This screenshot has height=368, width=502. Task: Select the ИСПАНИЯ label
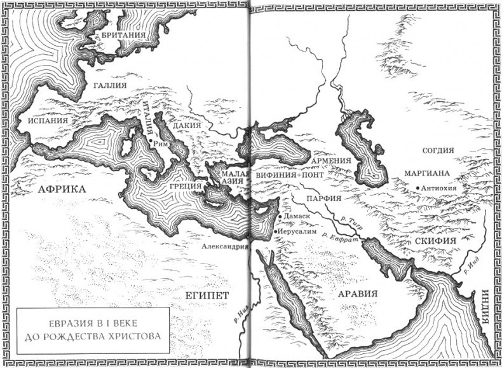(44, 120)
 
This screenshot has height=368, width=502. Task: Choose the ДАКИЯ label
(187, 126)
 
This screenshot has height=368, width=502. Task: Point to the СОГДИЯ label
(438, 151)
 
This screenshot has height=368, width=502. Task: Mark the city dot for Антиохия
(417, 187)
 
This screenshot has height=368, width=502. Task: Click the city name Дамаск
(297, 216)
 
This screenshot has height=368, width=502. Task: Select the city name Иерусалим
(297, 231)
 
